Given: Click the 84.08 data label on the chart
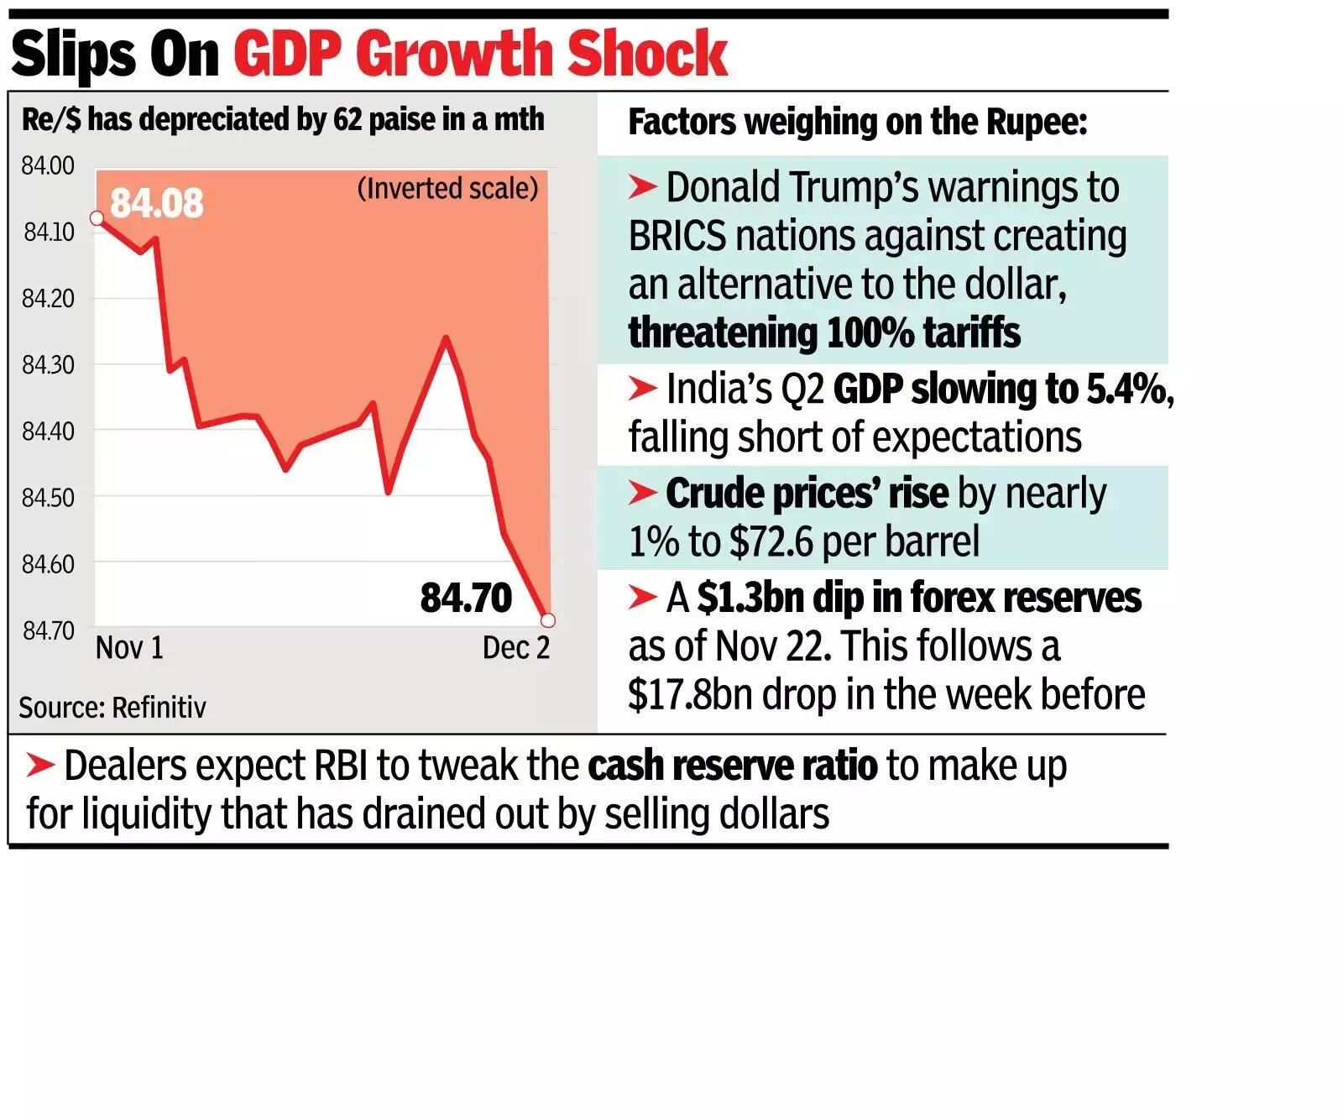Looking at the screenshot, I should click(156, 204).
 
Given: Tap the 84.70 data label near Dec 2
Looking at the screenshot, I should click(466, 599).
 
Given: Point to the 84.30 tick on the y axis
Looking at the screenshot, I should click(48, 365).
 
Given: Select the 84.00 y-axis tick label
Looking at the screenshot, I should click(48, 166).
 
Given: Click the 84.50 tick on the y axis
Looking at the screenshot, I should click(48, 498).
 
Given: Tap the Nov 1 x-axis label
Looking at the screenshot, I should click(129, 648).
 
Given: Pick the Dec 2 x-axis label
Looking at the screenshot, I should click(515, 648).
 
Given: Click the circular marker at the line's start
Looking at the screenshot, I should click(97, 218).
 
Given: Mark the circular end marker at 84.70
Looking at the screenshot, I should click(548, 620).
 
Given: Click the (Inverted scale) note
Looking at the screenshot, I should click(447, 188).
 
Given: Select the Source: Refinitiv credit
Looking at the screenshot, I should click(112, 708).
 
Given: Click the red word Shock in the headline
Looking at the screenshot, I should click(646, 55).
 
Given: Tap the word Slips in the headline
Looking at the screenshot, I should click(75, 55).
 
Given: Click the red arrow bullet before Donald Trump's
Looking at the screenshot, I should click(642, 186).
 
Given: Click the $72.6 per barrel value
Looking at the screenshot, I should click(854, 541).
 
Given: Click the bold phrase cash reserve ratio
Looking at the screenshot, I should click(732, 766).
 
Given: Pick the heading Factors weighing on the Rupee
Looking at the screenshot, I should click(857, 123).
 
